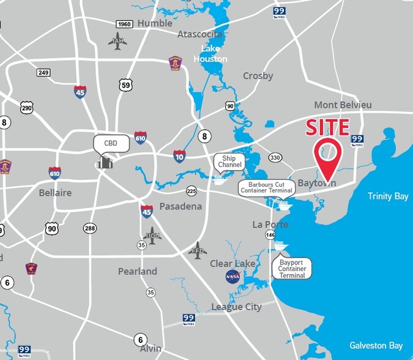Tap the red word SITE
click(327, 128)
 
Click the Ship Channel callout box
click(229, 162)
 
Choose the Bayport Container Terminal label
click(292, 268)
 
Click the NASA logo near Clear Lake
click(233, 276)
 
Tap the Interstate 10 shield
click(179, 156)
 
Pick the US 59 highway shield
click(126, 84)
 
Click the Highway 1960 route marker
click(125, 24)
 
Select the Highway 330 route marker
click(275, 158)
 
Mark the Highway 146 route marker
click(270, 234)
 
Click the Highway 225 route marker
click(192, 190)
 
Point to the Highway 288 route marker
click(91, 228)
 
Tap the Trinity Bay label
click(388, 196)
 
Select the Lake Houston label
click(210, 53)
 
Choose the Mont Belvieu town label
click(343, 105)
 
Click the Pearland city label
click(137, 271)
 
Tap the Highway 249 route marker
click(43, 72)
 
